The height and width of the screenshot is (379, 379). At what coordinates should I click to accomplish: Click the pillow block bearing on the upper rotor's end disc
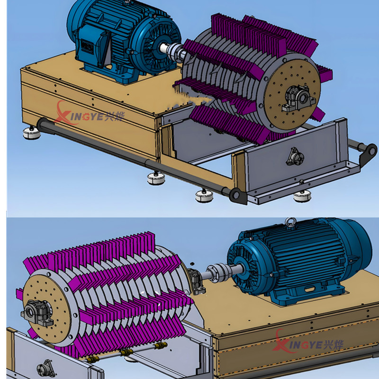point(298,99)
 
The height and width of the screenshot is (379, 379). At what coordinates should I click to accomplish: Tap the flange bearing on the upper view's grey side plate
point(295,157)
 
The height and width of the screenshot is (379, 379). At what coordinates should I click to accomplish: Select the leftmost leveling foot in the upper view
point(32,133)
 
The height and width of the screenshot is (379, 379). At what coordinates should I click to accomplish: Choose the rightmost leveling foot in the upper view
point(302,195)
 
